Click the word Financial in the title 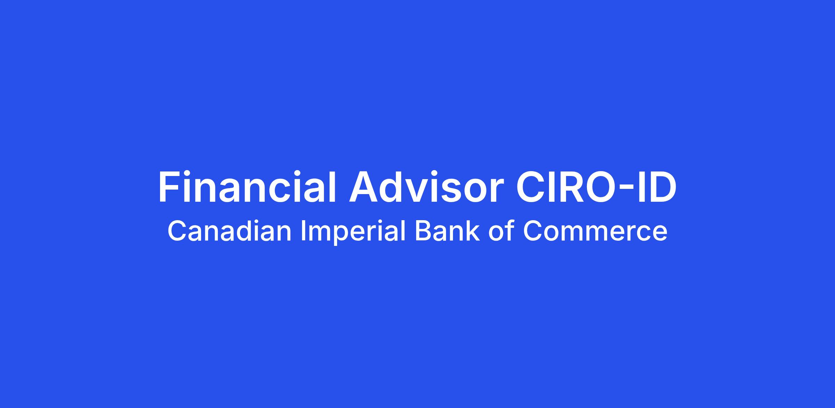247,186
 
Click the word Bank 447,231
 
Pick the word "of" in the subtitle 501,231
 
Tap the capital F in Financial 170,187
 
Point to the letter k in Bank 473,231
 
